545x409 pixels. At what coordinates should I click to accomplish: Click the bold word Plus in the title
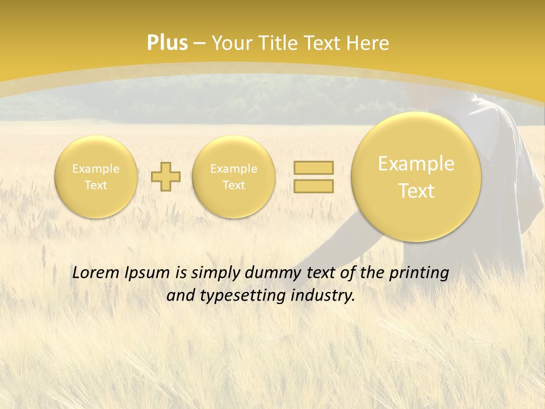tap(167, 43)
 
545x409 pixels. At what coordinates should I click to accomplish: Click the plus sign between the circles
tap(166, 176)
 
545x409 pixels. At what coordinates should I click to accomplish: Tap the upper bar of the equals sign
tap(313, 168)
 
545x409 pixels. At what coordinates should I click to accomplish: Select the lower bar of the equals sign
tap(313, 186)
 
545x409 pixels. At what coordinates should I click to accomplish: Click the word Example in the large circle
tap(416, 164)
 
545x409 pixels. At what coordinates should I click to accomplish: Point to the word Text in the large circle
tap(416, 191)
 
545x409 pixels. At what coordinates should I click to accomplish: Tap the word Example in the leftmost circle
tap(96, 169)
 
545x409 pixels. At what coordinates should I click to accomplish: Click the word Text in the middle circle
tap(233, 185)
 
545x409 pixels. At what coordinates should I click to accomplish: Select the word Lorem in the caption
tap(95, 273)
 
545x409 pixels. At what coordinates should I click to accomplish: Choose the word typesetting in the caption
tap(250, 296)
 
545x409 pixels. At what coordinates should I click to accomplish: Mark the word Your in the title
tap(230, 43)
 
